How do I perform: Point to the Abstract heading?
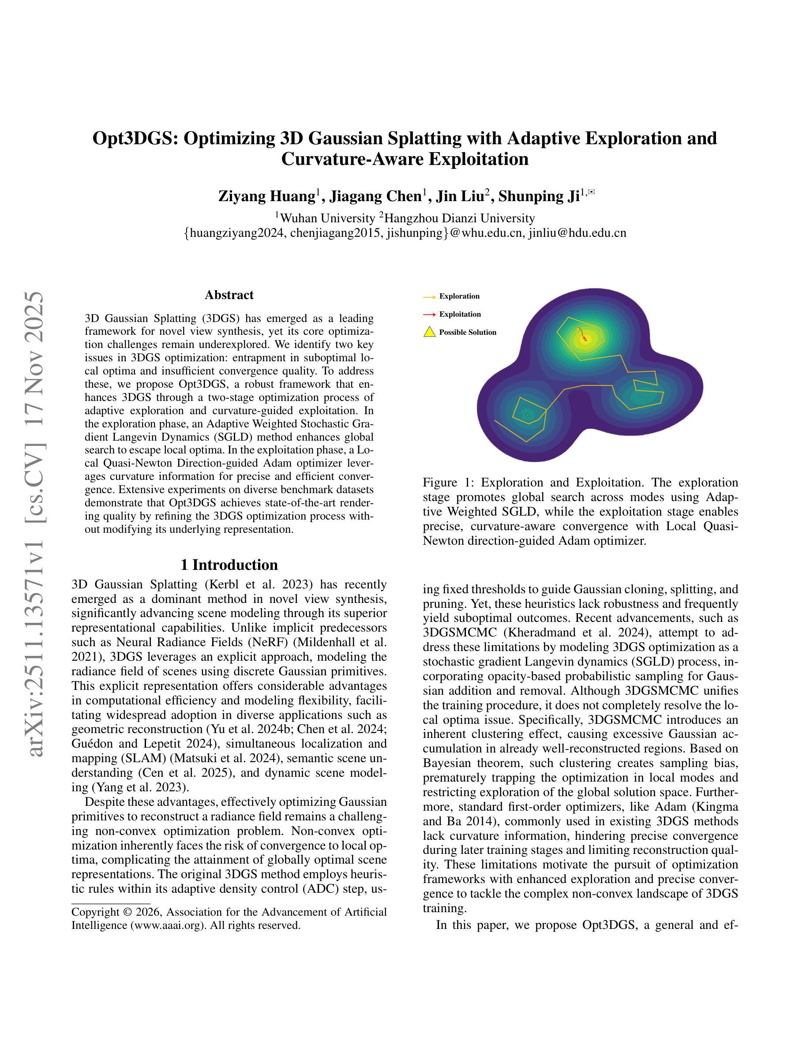click(229, 295)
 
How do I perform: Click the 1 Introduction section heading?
click(229, 565)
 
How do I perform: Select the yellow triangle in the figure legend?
click(429, 332)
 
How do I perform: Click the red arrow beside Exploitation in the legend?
click(429, 314)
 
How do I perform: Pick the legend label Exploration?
click(459, 296)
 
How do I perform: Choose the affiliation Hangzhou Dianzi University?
click(460, 219)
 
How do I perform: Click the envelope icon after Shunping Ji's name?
click(592, 192)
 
